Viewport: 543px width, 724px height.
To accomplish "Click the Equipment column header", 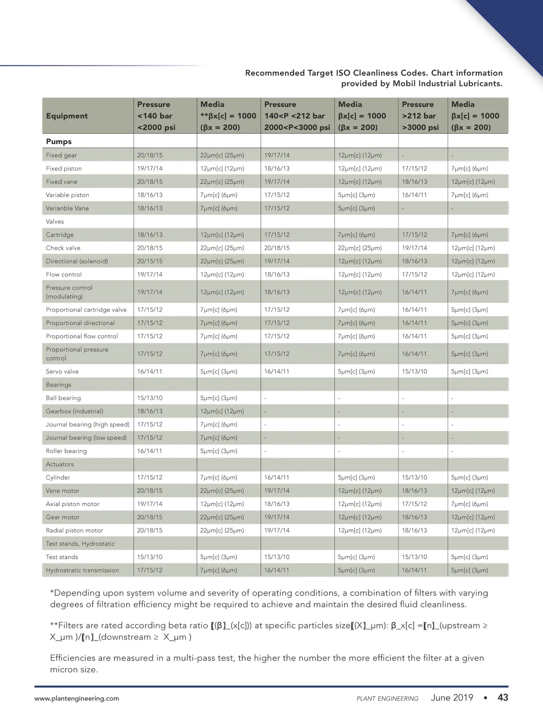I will [x=67, y=116].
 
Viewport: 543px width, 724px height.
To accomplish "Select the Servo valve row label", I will [x=62, y=372].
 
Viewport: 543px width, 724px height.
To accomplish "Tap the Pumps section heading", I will [x=59, y=142].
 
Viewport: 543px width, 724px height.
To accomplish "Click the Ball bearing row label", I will [x=63, y=398].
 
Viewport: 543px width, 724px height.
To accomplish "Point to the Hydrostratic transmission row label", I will [x=82, y=570].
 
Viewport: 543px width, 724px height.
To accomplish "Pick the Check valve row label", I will [x=63, y=248].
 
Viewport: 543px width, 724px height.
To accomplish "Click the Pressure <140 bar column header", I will [x=156, y=116].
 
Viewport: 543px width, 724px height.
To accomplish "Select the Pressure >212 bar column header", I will [x=420, y=116].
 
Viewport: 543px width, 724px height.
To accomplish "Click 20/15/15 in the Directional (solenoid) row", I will [x=150, y=261].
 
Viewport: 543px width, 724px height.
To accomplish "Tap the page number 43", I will [x=503, y=698].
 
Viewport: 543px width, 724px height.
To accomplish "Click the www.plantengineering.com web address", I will [x=77, y=699].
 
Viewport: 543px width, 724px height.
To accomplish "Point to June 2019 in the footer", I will [x=452, y=698].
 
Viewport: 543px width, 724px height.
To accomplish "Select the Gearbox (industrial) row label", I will [x=74, y=411].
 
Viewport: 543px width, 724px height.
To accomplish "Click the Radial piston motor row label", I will [x=74, y=530].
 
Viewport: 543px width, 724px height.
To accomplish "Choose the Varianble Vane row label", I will [x=67, y=208].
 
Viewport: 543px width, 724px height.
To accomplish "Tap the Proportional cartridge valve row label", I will [x=86, y=310].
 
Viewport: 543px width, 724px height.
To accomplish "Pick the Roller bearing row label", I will [x=66, y=451].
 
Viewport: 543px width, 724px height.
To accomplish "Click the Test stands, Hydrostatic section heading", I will [x=80, y=543].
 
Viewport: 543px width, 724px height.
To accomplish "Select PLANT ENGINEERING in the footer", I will [x=387, y=699].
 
